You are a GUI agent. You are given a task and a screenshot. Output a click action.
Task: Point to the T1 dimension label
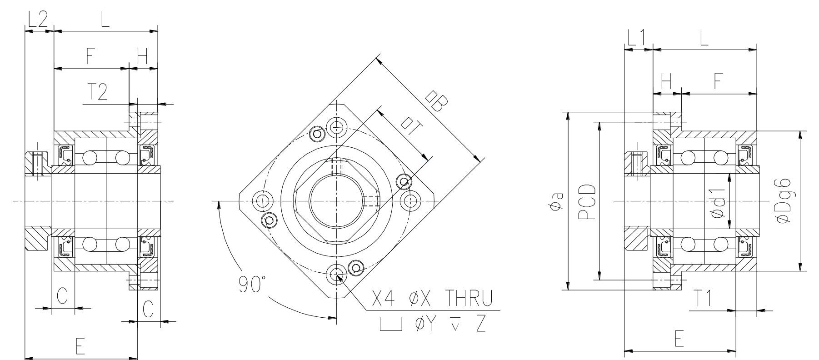pos(704,299)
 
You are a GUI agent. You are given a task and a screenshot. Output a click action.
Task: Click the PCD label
pos(587,202)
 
